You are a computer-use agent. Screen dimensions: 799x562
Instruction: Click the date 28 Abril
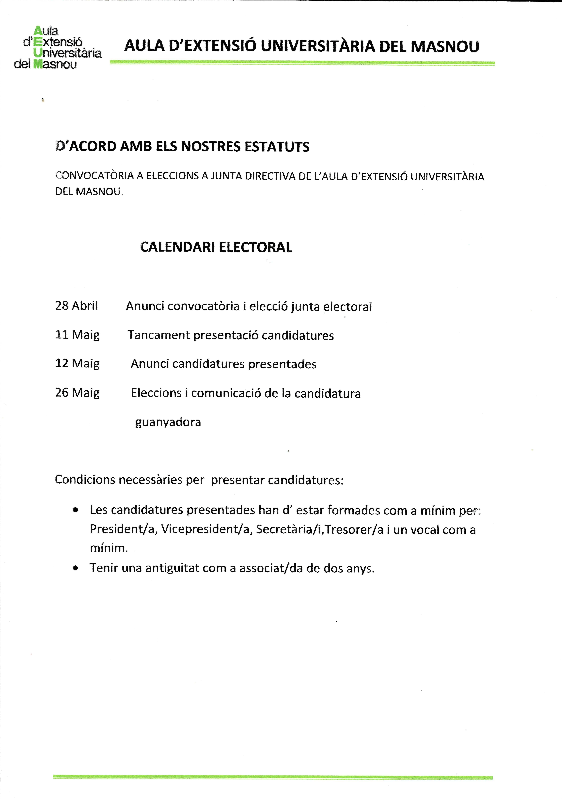tap(77, 306)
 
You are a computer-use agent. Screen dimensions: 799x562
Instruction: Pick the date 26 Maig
tap(77, 393)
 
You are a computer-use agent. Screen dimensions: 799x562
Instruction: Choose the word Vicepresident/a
tap(206, 529)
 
